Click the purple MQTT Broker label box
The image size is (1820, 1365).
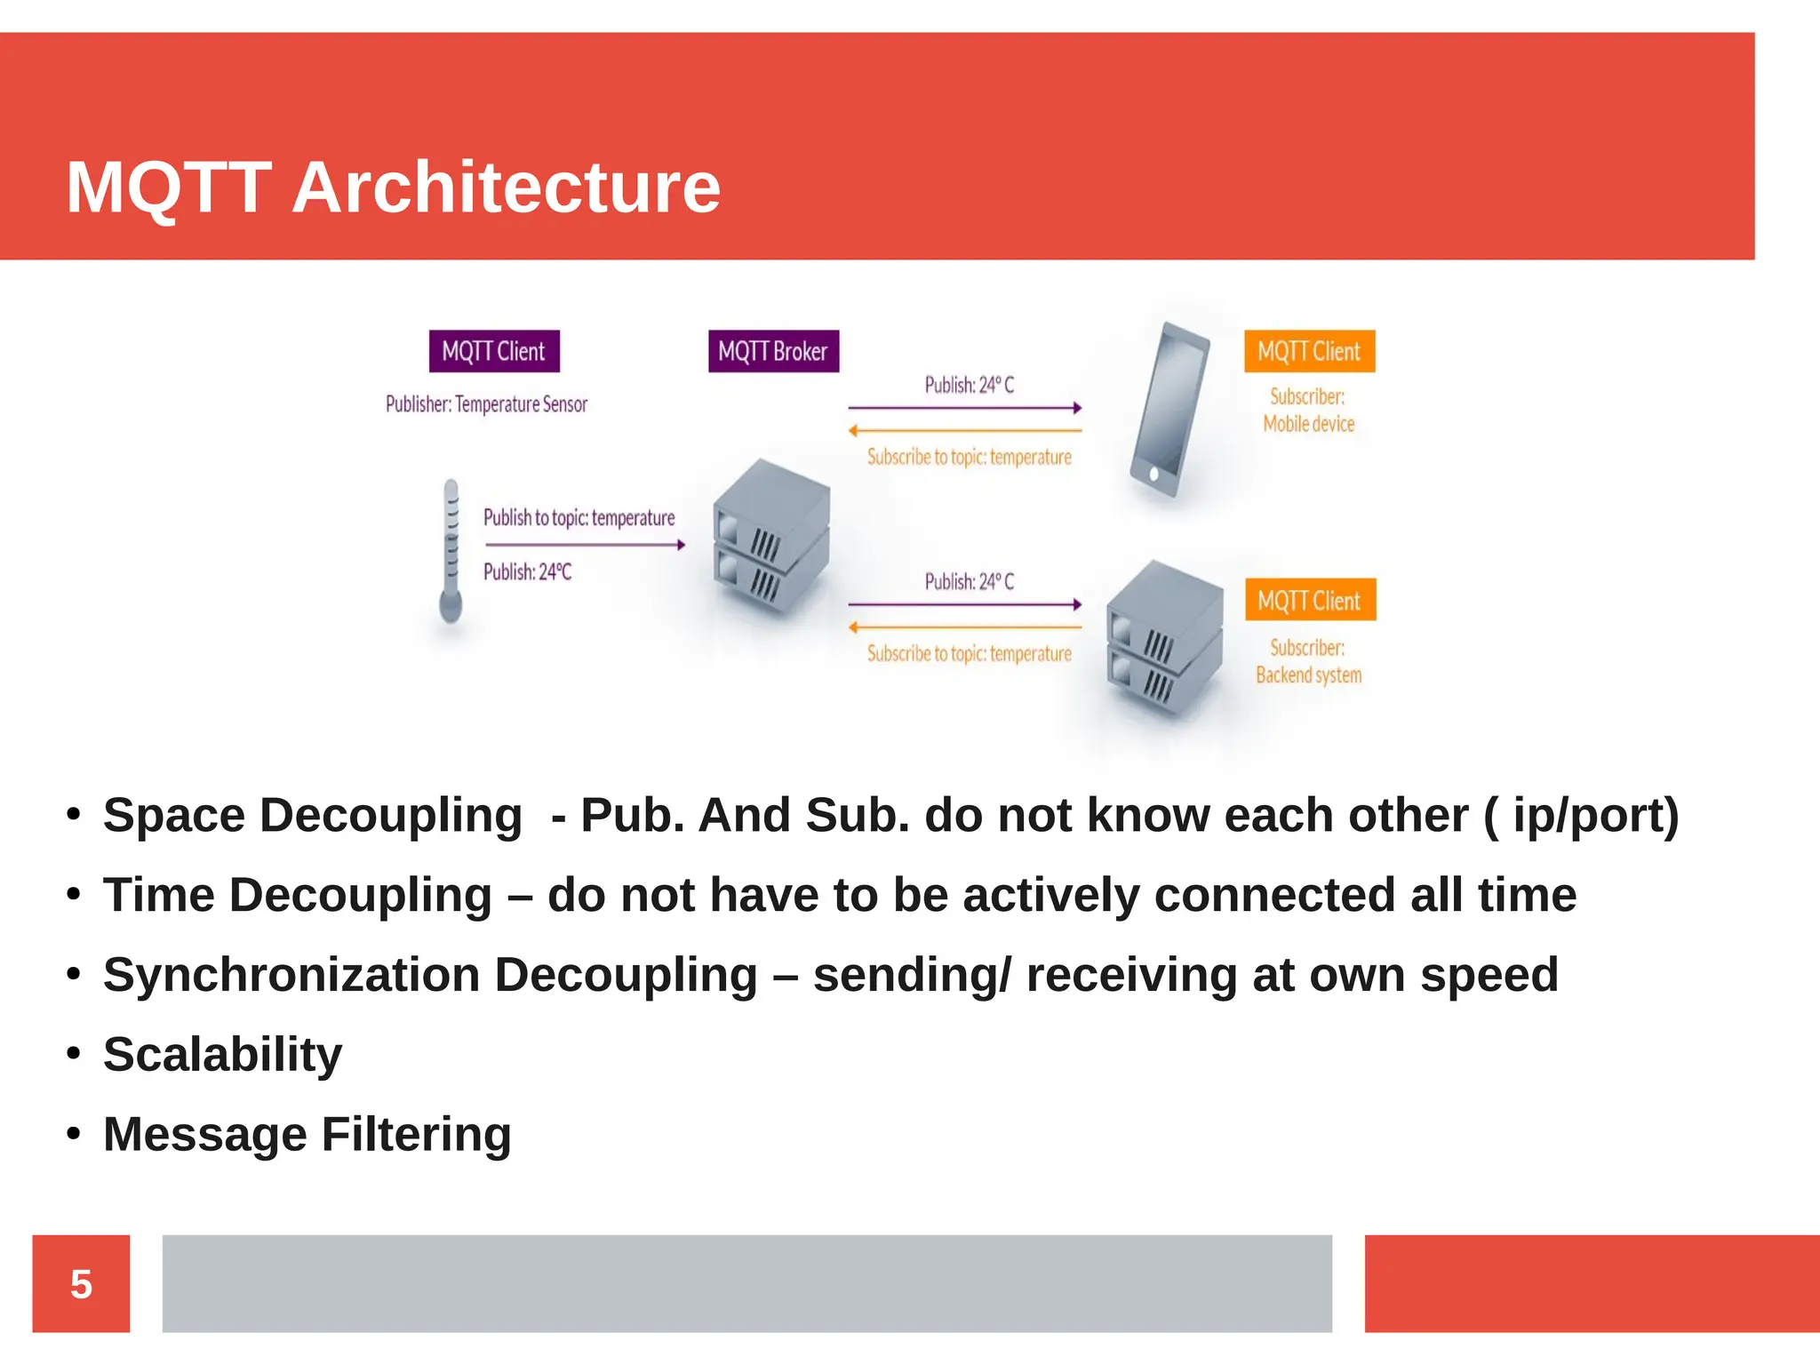click(773, 351)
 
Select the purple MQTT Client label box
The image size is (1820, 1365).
click(494, 351)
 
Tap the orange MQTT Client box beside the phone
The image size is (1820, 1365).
click(1309, 351)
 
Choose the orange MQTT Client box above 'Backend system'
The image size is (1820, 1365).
click(1309, 600)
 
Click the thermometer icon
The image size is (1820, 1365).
click(451, 551)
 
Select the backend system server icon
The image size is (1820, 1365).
click(1164, 635)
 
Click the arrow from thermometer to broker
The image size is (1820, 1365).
click(585, 545)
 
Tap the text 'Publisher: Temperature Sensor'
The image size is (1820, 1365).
click(486, 404)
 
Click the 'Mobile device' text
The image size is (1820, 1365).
click(1309, 424)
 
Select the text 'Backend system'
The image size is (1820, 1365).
click(1309, 675)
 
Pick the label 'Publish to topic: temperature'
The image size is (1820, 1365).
click(579, 517)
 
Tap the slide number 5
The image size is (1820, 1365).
click(81, 1283)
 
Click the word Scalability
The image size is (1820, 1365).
click(222, 1055)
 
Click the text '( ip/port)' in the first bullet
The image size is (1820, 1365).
click(1581, 816)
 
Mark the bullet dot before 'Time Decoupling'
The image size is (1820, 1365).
click(74, 893)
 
